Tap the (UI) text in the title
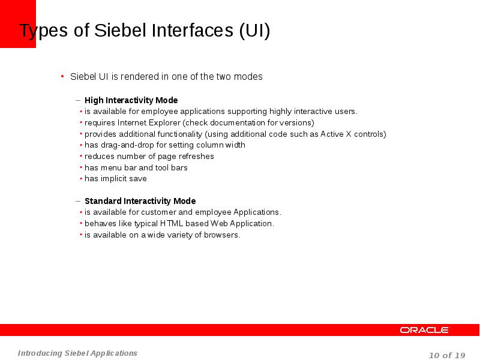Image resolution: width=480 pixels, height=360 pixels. [254, 31]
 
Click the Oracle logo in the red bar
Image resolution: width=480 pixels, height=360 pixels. [424, 330]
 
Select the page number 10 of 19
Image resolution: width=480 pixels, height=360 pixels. [447, 355]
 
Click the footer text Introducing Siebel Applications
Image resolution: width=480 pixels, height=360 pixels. [77, 353]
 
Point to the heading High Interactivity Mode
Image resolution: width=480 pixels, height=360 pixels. [131, 100]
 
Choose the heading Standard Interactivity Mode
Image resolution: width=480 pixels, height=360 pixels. [140, 201]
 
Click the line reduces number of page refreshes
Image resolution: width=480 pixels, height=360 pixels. [149, 156]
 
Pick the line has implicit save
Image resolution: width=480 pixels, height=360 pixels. [115, 179]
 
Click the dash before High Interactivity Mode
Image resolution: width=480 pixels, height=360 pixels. [78, 100]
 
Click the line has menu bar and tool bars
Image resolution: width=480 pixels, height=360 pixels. [136, 167]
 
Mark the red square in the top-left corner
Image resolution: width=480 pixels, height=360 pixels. [17, 23]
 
